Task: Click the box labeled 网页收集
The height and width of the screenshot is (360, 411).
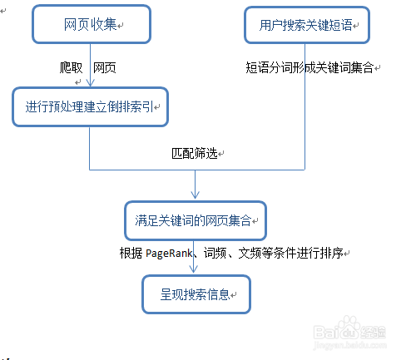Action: [x=92, y=24]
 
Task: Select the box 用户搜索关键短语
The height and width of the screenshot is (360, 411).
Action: [x=307, y=25]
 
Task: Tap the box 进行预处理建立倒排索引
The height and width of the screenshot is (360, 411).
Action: [x=91, y=107]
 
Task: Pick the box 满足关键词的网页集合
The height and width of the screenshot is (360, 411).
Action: [x=196, y=220]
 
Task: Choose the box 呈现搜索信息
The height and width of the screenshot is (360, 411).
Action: [x=196, y=294]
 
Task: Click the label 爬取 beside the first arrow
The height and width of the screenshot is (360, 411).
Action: [x=71, y=67]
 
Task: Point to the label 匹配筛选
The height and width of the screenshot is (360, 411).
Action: [x=195, y=153]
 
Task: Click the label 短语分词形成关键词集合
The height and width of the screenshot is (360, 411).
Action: [x=309, y=67]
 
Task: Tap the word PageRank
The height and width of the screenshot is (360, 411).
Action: [x=169, y=254]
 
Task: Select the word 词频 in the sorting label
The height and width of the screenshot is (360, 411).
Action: [x=215, y=253]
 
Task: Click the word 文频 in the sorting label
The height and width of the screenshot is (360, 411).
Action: [x=250, y=253]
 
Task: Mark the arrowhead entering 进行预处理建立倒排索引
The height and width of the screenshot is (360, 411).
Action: [x=91, y=82]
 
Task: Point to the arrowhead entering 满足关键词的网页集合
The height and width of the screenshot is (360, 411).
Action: [x=196, y=195]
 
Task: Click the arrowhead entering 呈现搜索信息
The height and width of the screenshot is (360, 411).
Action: [x=194, y=269]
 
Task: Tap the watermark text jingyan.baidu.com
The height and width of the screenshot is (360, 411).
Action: [x=350, y=345]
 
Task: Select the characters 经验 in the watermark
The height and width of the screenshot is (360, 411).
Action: [x=373, y=333]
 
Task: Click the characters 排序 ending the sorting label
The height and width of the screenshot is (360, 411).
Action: [x=331, y=253]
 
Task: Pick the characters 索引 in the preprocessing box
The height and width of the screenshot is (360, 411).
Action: [x=141, y=107]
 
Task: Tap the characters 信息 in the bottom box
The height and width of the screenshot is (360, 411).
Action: [x=219, y=294]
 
